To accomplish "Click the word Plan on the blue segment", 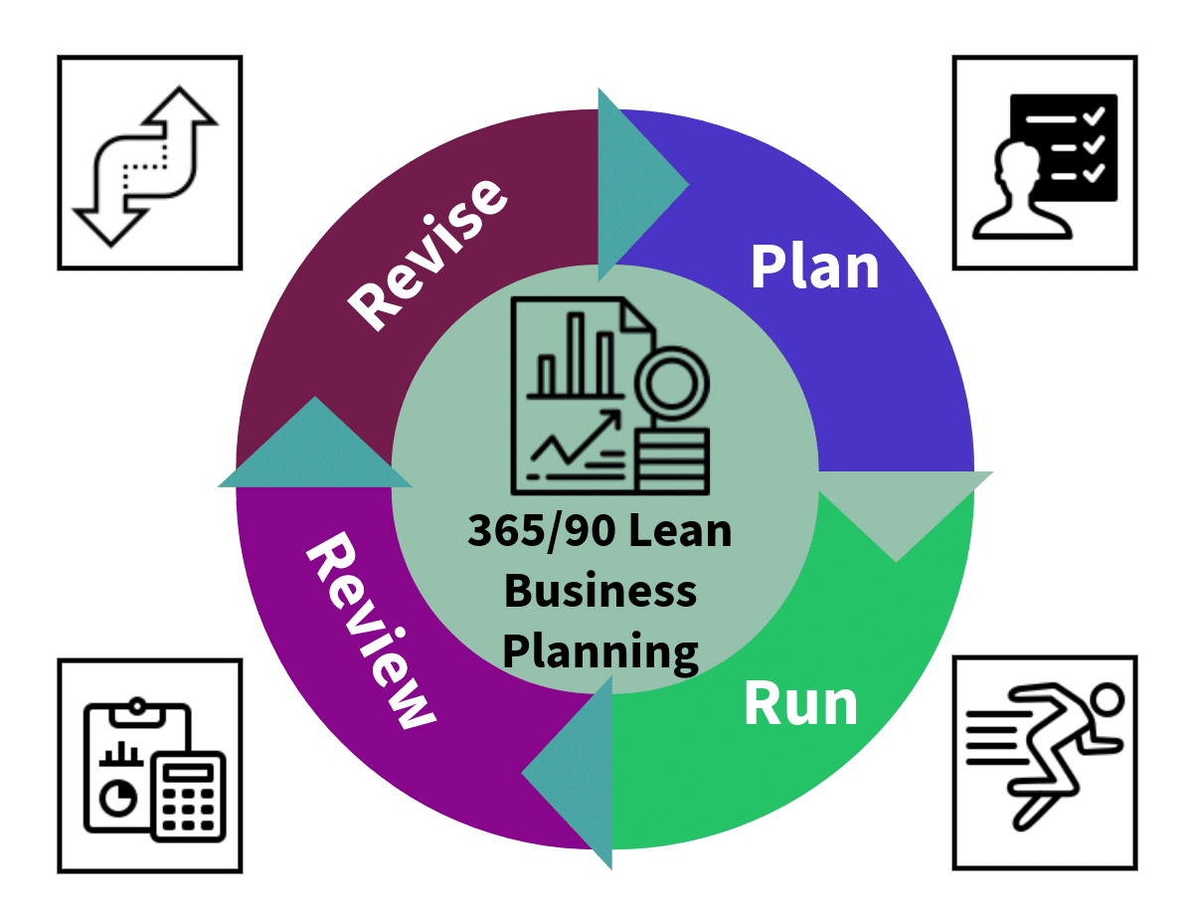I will click(815, 267).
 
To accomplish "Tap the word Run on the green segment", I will click(800, 703).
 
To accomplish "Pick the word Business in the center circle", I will click(600, 591).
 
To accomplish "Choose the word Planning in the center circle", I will click(600, 651).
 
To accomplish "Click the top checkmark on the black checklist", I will click(1095, 117).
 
